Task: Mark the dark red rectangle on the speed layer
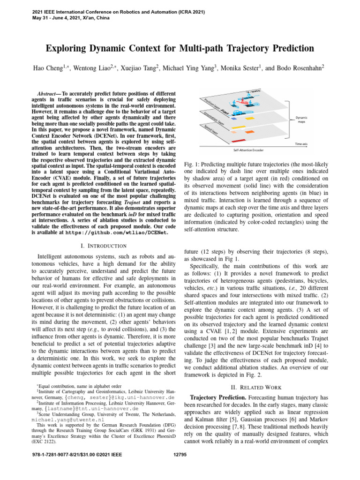point(239,141)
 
